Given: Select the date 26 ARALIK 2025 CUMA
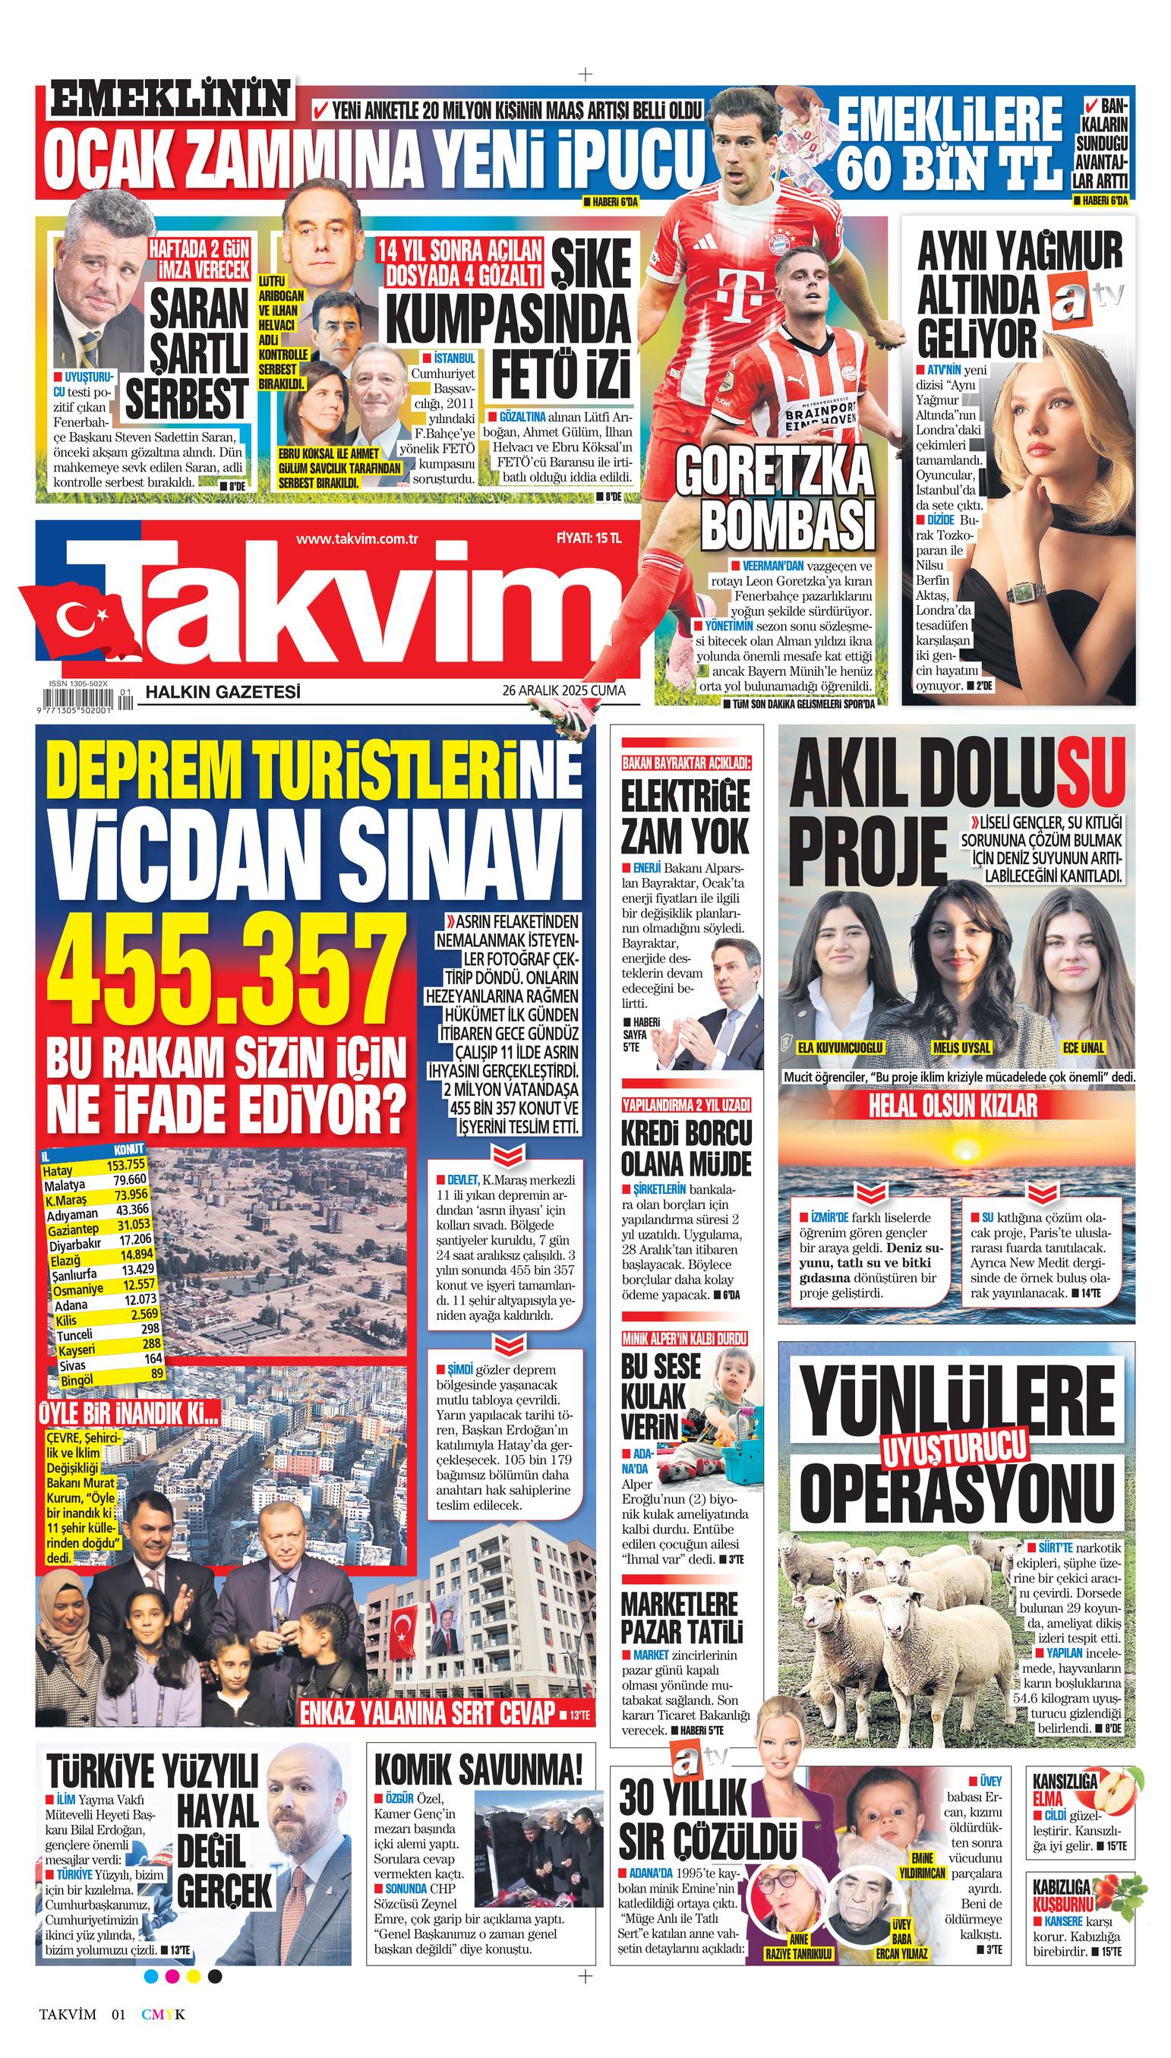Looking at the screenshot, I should point(563,690).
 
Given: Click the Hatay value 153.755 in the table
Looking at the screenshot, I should point(125,1163).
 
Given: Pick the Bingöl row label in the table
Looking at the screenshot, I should point(77,1379).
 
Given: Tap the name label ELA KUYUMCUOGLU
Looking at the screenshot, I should point(840,1047).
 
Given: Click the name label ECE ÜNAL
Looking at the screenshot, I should point(1084,1047).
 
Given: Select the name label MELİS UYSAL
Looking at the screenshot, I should point(961,1047).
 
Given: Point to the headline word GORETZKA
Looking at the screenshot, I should point(774,472).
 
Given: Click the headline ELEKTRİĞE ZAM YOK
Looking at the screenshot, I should point(684,816).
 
